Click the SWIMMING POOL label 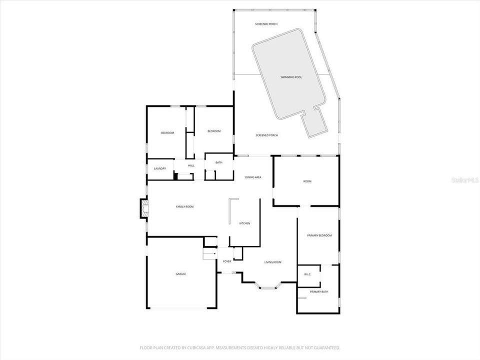pyautogui.click(x=291, y=77)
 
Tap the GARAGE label pyautogui.click(x=180, y=274)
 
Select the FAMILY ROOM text pyautogui.click(x=184, y=206)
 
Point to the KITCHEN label pyautogui.click(x=244, y=223)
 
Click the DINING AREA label pyautogui.click(x=253, y=177)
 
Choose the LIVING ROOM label pyautogui.click(x=273, y=262)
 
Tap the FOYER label pyautogui.click(x=227, y=261)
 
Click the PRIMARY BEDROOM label pyautogui.click(x=319, y=235)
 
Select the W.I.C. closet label pyautogui.click(x=307, y=274)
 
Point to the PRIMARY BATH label pyautogui.click(x=318, y=291)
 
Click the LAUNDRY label pyautogui.click(x=160, y=168)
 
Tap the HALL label pyautogui.click(x=191, y=165)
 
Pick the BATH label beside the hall pyautogui.click(x=219, y=162)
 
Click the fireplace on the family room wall pyautogui.click(x=144, y=208)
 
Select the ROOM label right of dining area pyautogui.click(x=307, y=181)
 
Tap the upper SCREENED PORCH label pyautogui.click(x=266, y=24)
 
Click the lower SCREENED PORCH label pyautogui.click(x=266, y=135)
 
